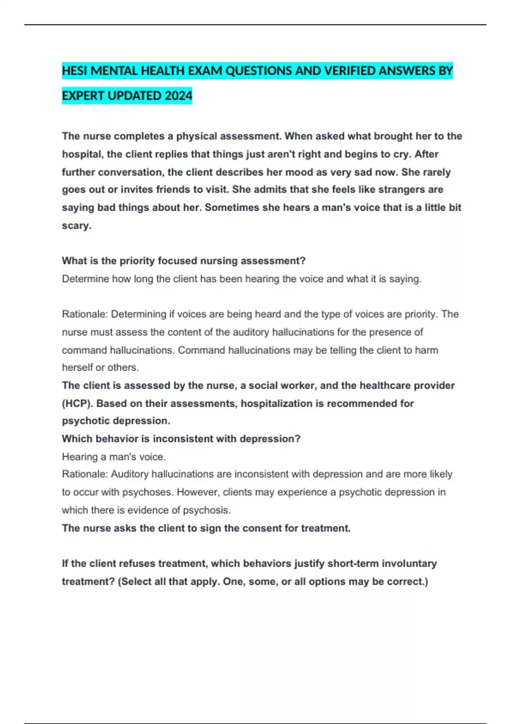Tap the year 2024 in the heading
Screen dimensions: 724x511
178,96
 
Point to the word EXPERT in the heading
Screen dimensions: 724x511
83,96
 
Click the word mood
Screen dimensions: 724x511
300,172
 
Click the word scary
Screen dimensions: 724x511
76,226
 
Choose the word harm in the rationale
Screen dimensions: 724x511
426,350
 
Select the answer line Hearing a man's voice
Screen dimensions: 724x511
114,457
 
